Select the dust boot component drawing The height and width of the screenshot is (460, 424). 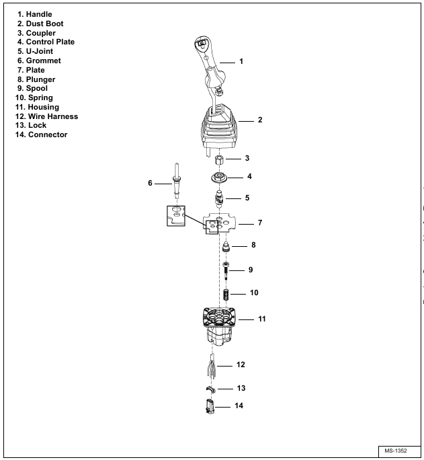point(216,129)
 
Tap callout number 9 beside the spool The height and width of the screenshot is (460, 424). point(250,270)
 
